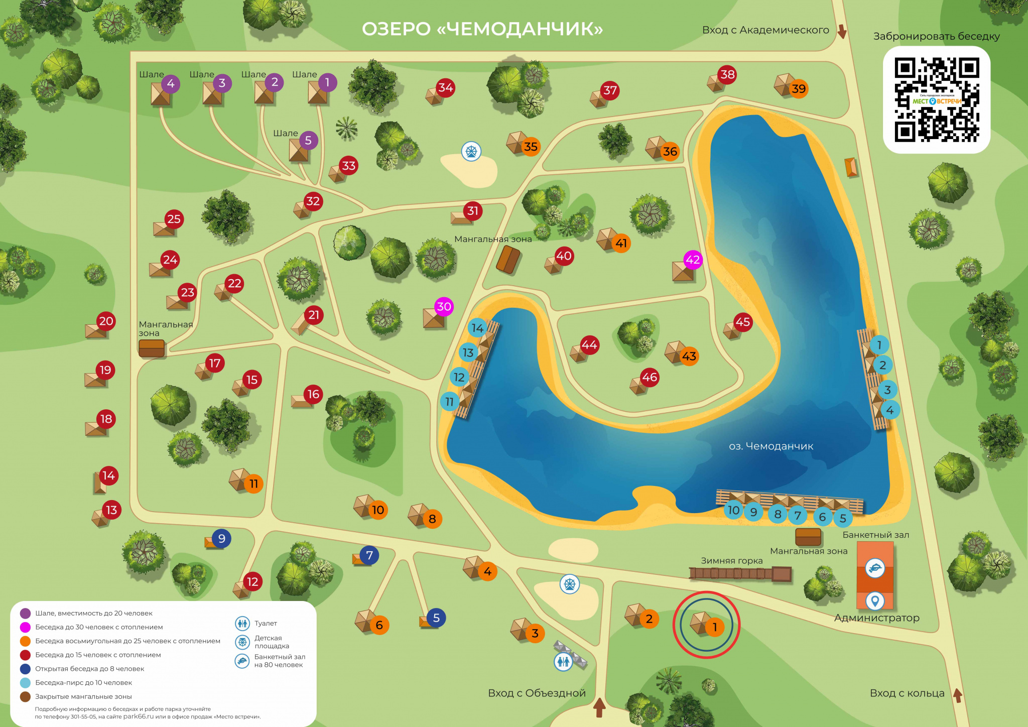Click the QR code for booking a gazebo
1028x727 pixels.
coord(936,99)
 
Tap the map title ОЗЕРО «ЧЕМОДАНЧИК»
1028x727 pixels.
coord(482,29)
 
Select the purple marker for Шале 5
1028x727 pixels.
coord(308,141)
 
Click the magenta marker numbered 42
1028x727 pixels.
coord(693,260)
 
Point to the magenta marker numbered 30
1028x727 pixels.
coord(444,306)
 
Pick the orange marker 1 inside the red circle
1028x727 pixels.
coord(715,627)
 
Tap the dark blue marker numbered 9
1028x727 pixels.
coord(221,538)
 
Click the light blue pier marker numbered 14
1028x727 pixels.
coord(477,328)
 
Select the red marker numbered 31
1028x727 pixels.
coord(473,210)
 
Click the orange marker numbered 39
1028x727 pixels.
coord(798,89)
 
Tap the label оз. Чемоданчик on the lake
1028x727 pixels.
coord(770,446)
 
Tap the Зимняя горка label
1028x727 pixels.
coord(731,560)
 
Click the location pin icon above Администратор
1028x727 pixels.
coord(875,600)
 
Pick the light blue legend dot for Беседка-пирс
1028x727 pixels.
coord(25,682)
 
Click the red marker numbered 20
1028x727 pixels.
coord(106,321)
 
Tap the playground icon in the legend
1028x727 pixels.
coord(242,642)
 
